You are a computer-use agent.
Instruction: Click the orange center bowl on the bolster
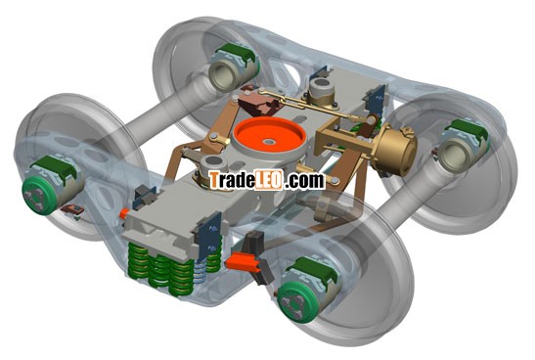pyautogui.click(x=269, y=136)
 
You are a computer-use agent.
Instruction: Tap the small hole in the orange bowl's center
pyautogui.click(x=269, y=141)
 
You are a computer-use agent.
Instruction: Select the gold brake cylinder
pyautogui.click(x=396, y=150)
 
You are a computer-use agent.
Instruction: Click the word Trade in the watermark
pyautogui.click(x=232, y=180)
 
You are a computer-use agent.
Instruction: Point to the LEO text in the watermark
pyautogui.click(x=269, y=180)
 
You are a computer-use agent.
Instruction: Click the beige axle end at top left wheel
pyautogui.click(x=223, y=74)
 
